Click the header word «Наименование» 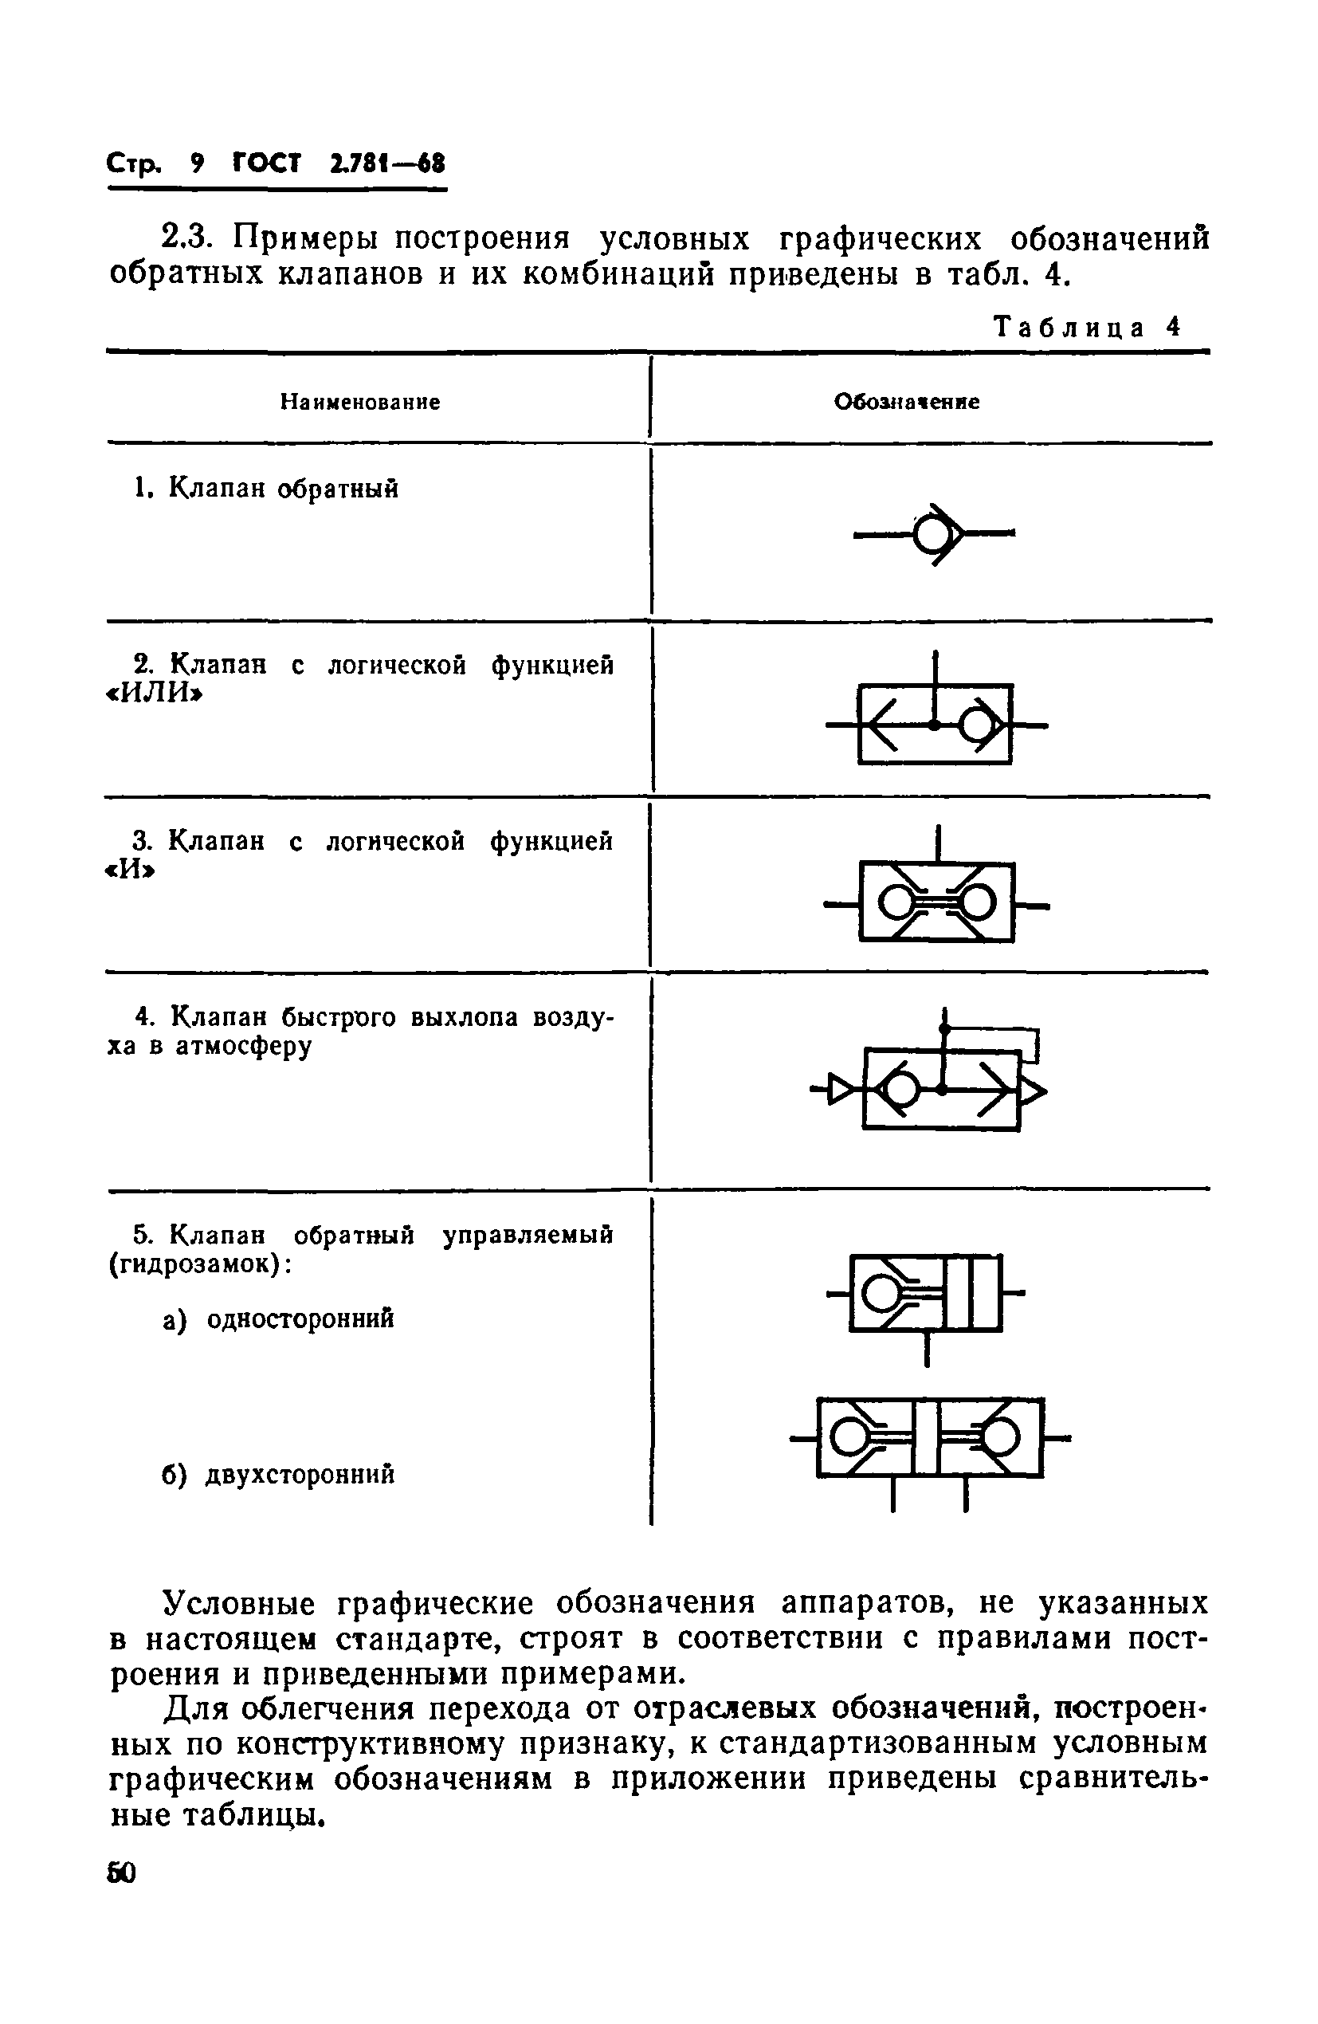(360, 402)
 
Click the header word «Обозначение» (907, 402)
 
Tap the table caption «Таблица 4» (1088, 327)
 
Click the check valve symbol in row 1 (934, 534)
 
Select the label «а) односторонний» (278, 1319)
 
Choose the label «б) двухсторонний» (278, 1474)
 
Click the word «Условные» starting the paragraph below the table (239, 1604)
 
